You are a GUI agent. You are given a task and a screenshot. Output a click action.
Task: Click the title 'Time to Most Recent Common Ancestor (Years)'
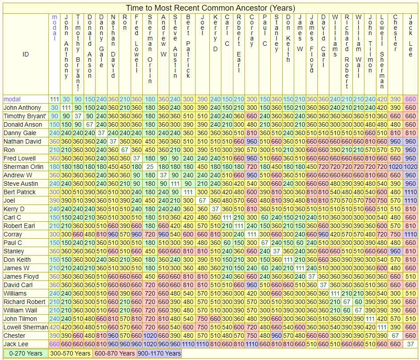210,8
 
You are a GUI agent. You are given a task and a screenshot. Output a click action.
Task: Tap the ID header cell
25,54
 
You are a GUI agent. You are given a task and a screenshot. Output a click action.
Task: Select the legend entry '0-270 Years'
25,353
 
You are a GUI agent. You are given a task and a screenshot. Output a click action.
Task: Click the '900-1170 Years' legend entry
159,353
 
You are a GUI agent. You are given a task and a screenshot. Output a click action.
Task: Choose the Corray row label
13,234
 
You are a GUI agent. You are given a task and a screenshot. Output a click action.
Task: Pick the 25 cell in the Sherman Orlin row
150,167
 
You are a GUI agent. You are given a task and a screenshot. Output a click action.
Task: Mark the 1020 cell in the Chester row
150,336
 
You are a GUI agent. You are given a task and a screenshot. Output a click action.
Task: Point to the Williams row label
15,293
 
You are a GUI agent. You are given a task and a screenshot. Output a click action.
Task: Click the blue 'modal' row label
12,99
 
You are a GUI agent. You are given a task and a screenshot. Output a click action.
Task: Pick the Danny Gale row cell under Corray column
252,133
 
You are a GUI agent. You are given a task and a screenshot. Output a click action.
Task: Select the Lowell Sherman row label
25,327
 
